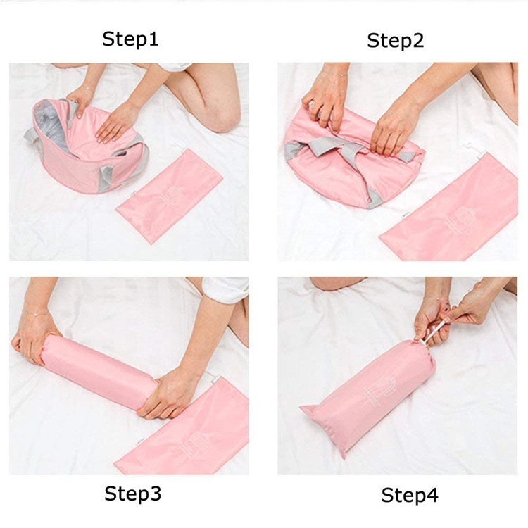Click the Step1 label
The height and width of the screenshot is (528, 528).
[131, 38]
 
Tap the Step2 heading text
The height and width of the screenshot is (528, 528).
[395, 41]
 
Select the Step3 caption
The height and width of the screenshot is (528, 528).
[133, 494]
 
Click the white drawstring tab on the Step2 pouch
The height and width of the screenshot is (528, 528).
[469, 149]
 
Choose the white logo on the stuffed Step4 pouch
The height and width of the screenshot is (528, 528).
[384, 391]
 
